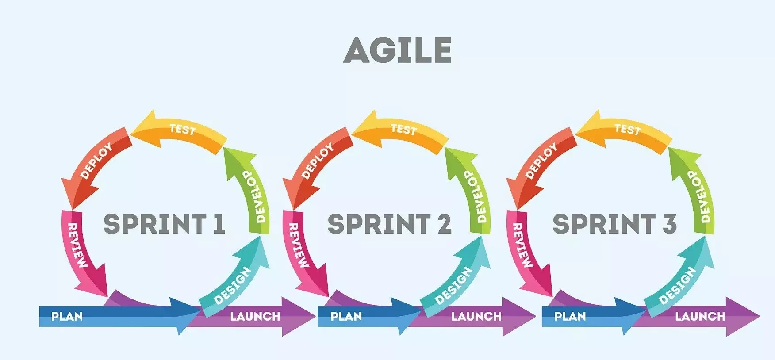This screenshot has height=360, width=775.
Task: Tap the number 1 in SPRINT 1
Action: [219, 224]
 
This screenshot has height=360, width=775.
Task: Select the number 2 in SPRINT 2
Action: [444, 224]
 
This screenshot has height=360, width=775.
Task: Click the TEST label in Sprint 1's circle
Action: [182, 130]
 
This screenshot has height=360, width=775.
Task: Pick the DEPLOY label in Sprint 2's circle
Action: [317, 161]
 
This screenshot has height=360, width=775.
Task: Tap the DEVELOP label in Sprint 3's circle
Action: [700, 196]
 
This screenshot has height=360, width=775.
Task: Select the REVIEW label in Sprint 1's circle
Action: [77, 245]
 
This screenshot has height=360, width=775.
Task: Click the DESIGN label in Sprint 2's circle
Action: [453, 285]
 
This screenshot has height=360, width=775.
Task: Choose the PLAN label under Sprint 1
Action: [67, 317]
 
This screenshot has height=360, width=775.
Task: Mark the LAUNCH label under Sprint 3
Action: [700, 317]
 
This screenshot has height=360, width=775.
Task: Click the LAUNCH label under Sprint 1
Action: [255, 317]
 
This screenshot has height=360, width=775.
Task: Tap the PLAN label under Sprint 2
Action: [346, 317]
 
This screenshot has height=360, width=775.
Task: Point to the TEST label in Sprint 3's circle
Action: [627, 130]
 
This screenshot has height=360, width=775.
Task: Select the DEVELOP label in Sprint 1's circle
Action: [255, 196]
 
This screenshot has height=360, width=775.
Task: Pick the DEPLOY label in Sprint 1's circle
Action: [96, 161]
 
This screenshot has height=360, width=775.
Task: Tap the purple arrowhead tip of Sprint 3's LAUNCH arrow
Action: [760, 317]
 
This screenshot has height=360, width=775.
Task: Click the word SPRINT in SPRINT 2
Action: [379, 224]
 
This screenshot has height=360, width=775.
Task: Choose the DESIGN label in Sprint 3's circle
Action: [677, 285]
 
